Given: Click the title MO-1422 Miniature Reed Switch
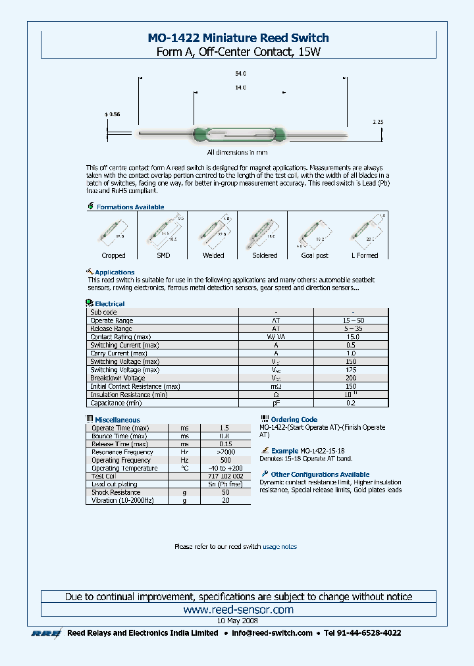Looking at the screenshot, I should pos(238,38).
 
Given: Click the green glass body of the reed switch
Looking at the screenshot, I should pos(238,134).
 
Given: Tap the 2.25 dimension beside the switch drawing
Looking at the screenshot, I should pos(377,122).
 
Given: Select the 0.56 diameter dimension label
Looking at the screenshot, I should pos(113,115).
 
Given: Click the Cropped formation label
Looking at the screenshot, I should pos(113,255).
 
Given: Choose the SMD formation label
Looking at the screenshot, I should pos(163,255).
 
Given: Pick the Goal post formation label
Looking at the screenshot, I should pos(314,255).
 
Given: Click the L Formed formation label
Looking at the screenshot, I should pos(365,255).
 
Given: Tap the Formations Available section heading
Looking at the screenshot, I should pos(130,207).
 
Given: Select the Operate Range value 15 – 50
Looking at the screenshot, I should pos(350,320).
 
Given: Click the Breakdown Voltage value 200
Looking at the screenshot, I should pos(350,378).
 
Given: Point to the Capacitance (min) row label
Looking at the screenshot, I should pos(116,403).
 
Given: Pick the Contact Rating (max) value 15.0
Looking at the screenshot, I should pos(350,337).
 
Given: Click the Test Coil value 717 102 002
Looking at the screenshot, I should pos(225,476).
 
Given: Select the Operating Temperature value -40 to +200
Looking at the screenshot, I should pos(225,468).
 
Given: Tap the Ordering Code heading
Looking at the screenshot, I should pos(294,419).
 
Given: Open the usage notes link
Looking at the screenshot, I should pos(280,546).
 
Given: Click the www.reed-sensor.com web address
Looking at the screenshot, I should pos(238,610).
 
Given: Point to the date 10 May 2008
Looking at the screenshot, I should pos(238,621).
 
